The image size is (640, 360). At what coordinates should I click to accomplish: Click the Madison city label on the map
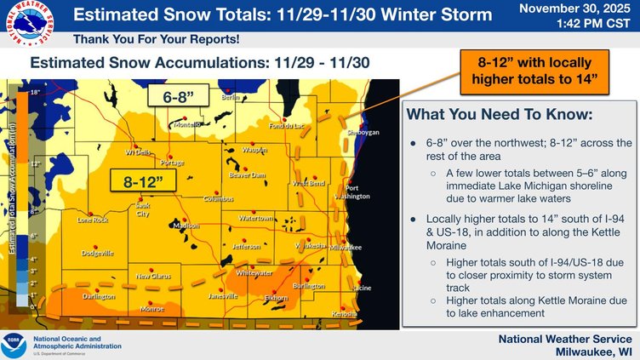click(186, 226)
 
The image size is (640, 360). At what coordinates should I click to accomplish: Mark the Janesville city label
click(223, 296)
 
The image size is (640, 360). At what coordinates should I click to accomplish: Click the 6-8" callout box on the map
click(174, 96)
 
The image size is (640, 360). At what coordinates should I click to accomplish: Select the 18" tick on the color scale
click(34, 89)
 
